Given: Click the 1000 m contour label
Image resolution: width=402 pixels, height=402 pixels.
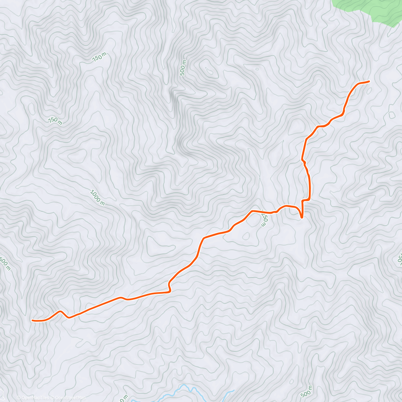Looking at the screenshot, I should (x=97, y=197).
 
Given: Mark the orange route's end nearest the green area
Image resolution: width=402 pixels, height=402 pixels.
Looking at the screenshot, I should (x=369, y=81).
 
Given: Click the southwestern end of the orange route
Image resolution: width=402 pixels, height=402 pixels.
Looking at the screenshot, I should (x=32, y=321).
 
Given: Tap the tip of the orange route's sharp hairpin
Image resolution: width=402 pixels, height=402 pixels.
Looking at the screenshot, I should (x=302, y=217).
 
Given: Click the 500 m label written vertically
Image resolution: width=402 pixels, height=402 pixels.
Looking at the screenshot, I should (x=183, y=68).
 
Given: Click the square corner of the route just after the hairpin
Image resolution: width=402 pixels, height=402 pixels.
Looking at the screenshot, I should (x=303, y=201).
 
